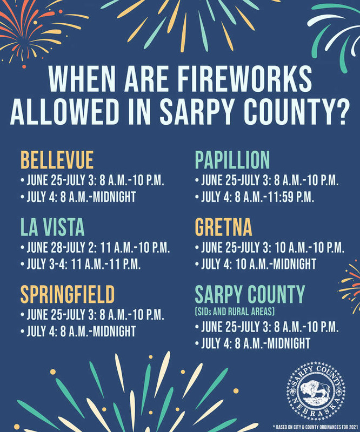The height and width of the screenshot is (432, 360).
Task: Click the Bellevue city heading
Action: pos(57,160)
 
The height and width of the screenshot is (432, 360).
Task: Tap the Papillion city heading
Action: pos(232,160)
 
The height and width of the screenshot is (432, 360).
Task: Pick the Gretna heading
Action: pos(223,227)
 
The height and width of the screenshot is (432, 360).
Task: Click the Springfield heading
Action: pos(68,295)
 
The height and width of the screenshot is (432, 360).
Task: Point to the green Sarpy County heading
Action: pos(250,295)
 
